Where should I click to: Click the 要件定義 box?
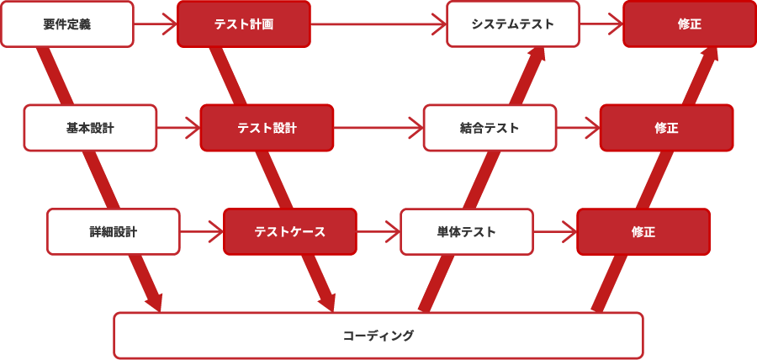tap(67, 24)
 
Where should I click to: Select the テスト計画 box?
tap(243, 24)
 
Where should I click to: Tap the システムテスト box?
tap(512, 24)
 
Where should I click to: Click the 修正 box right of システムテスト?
tap(689, 24)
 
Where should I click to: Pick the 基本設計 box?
tap(90, 128)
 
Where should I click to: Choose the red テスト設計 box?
tap(267, 128)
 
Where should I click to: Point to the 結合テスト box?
tap(490, 128)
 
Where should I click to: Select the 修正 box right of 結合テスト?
tap(666, 128)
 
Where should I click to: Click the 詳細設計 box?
tap(114, 231)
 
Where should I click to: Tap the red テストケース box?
tap(289, 231)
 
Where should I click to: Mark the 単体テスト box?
tap(466, 231)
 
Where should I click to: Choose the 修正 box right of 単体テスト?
tap(643, 231)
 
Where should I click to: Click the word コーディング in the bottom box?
tap(378, 336)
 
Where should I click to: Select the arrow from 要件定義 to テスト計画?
tap(156, 24)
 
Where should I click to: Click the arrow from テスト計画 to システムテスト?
tap(378, 24)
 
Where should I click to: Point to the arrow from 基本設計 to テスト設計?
tap(178, 128)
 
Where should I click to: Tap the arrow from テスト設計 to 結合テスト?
tap(378, 128)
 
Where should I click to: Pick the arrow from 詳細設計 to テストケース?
tap(202, 231)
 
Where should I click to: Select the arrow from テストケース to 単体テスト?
tap(378, 231)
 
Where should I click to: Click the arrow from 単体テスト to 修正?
tap(555, 231)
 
